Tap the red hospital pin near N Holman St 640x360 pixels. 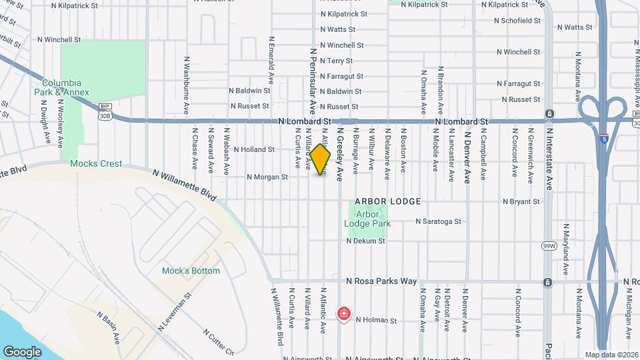pyautogui.click(x=344, y=313)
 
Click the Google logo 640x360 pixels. pyautogui.click(x=22, y=351)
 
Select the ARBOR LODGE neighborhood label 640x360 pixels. pyautogui.click(x=388, y=201)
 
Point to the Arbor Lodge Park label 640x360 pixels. pyautogui.click(x=367, y=219)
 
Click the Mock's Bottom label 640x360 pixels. pyautogui.click(x=191, y=271)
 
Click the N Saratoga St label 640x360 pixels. pyautogui.click(x=439, y=221)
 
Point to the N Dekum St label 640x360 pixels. pyautogui.click(x=366, y=241)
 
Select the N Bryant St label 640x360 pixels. pyautogui.click(x=521, y=201)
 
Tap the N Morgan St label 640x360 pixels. pyautogui.click(x=267, y=177)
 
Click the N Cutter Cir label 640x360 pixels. pyautogui.click(x=219, y=341)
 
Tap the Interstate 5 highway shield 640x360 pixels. pyautogui.click(x=603, y=139)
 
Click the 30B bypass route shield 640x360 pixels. pyautogui.click(x=105, y=115)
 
